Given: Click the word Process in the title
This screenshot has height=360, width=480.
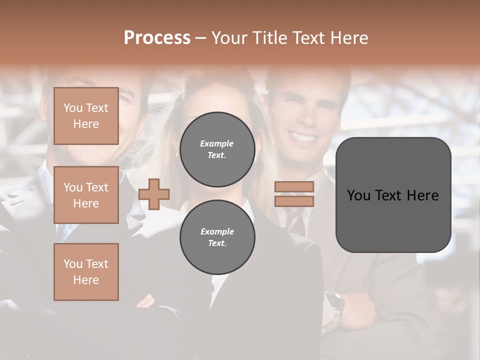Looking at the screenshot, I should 157,38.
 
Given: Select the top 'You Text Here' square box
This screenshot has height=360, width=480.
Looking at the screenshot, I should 86,116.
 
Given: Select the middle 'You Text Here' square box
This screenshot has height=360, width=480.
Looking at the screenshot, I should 86,195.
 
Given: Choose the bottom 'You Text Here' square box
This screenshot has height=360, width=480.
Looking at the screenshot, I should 86,271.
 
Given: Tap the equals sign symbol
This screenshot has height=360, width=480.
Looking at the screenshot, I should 294,194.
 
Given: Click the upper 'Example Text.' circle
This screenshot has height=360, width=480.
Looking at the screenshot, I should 217,149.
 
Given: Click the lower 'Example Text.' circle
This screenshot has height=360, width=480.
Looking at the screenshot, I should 217,237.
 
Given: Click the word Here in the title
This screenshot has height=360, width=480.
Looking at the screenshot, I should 349,38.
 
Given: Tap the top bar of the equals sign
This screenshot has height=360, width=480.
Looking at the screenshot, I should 294,187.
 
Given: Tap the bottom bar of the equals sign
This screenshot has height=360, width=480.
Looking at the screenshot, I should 294,201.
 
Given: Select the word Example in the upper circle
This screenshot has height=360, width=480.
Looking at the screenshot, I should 217,143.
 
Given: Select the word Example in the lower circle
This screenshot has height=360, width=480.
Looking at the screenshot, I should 217,231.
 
